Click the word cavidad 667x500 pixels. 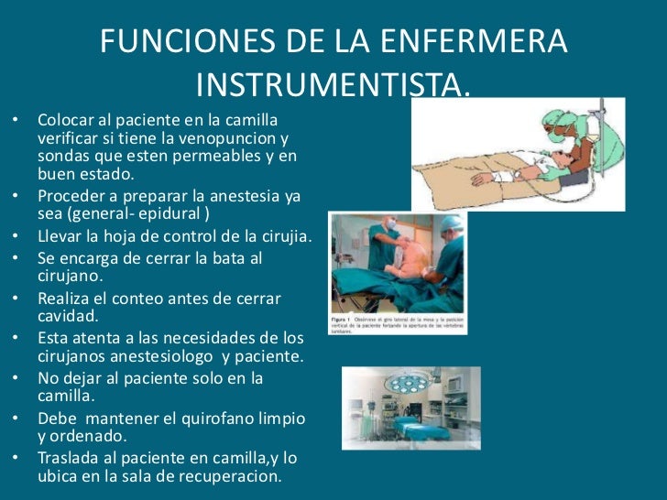(x=67, y=317)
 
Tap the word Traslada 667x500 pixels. (x=71, y=458)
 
